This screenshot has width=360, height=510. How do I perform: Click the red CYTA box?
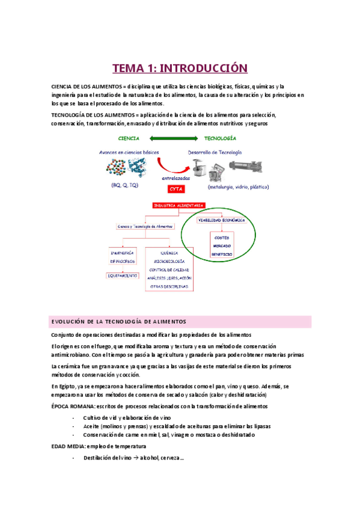tap(177, 189)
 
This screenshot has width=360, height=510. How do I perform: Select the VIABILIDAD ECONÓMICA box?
tap(221, 220)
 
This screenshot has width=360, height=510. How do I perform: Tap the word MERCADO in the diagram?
tap(221, 246)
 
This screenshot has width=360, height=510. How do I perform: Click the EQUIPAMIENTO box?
tap(125, 274)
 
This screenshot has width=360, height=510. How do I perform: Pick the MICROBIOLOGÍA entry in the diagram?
tap(172, 262)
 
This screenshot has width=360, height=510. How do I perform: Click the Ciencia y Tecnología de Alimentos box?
tap(145, 227)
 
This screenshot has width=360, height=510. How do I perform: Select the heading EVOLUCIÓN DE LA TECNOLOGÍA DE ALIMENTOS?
tap(119, 322)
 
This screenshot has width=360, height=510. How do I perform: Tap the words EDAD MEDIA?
tap(67, 447)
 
